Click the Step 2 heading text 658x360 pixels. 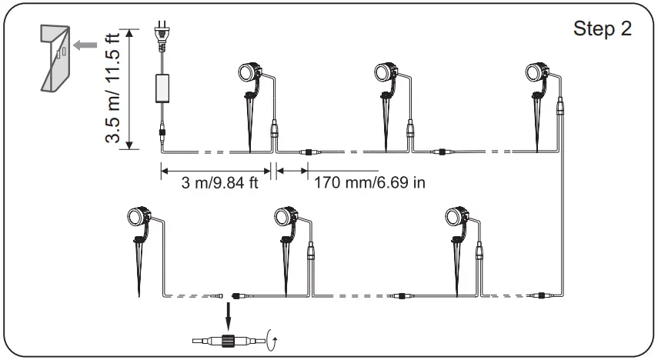[x=603, y=29]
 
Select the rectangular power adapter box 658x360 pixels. [x=163, y=88]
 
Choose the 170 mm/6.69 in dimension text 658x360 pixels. [x=369, y=183]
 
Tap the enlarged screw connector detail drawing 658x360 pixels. [x=228, y=339]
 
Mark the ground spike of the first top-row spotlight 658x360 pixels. [x=251, y=127]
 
